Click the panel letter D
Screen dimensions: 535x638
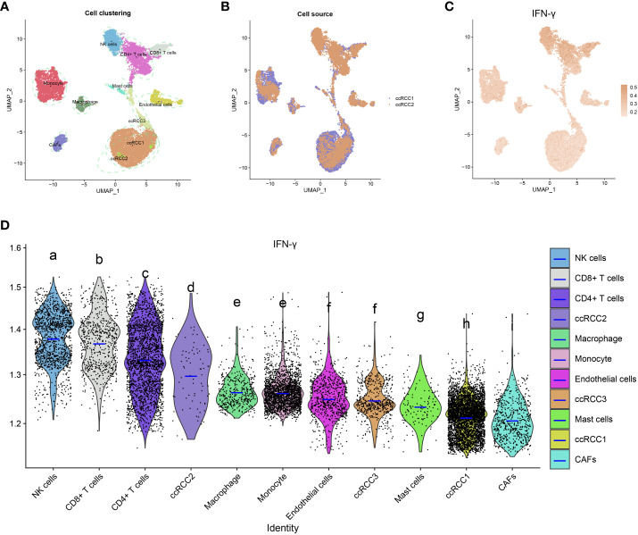8,220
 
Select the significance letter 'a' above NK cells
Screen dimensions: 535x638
53,256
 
